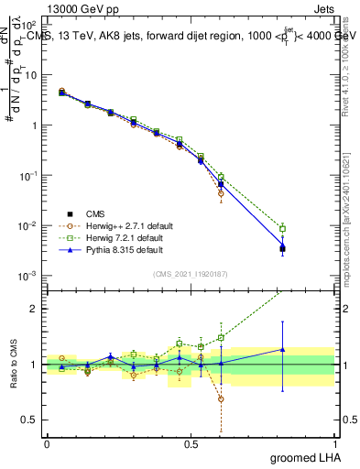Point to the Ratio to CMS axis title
coord(14,365)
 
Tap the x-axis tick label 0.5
coord(191,443)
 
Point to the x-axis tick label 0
coord(47,443)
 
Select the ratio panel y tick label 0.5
coord(29,420)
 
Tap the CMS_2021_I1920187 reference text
coord(190,274)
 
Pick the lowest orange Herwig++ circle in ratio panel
coord(221,398)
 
